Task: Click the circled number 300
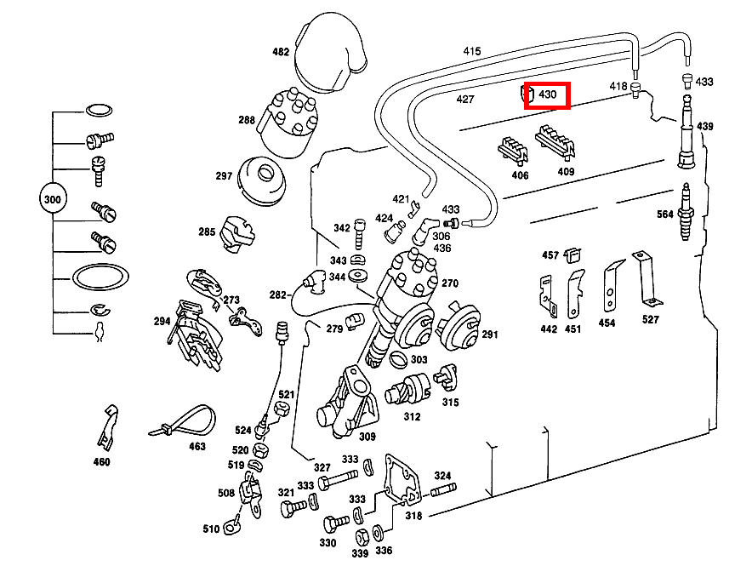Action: click(x=53, y=200)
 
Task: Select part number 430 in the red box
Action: click(x=547, y=95)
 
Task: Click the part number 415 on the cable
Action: click(x=471, y=52)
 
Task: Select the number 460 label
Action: click(x=101, y=462)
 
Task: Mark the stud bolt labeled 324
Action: click(x=442, y=491)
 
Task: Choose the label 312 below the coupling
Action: click(x=412, y=417)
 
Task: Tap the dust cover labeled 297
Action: click(x=264, y=180)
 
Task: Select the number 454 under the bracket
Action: click(x=607, y=323)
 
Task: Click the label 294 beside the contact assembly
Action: click(x=162, y=322)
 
